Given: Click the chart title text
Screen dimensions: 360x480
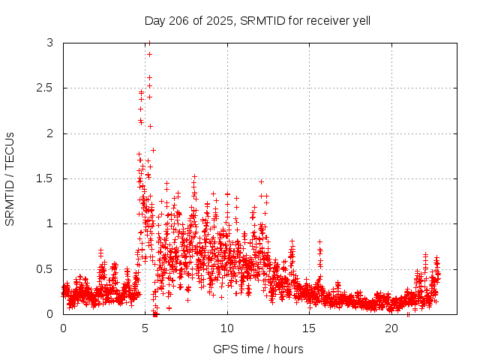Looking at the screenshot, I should (257, 20).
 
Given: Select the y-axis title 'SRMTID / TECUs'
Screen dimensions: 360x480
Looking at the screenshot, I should (10, 178).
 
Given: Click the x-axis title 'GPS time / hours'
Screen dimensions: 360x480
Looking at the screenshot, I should (258, 349).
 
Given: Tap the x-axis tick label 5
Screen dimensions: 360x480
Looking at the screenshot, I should (145, 328).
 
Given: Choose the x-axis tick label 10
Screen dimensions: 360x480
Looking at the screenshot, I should (227, 328).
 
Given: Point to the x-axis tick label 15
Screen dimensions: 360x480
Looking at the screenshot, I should (310, 328).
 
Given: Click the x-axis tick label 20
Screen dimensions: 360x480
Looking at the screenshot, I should (391, 328).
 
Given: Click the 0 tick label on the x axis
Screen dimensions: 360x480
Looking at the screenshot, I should (63, 328).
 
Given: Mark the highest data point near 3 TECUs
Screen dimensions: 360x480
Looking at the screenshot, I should (149, 43).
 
